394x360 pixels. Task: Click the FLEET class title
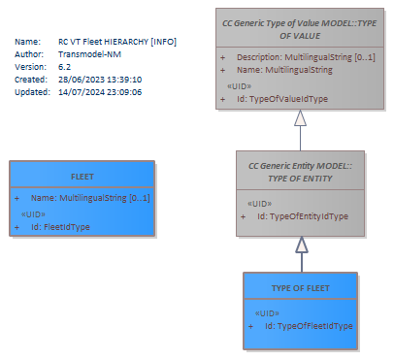[82, 177]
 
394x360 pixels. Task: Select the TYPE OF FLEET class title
[301, 288]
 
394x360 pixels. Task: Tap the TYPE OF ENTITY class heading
[300, 172]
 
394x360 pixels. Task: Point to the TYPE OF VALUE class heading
[300, 29]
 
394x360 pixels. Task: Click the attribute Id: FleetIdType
[60, 227]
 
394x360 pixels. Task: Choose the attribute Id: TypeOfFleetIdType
[309, 326]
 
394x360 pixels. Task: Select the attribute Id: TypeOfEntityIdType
[303, 216]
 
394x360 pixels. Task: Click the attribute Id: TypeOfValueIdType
[282, 99]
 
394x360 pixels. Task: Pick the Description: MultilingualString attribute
[306, 57]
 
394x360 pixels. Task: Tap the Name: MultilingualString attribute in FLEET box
[90, 198]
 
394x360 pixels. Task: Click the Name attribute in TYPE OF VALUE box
[284, 70]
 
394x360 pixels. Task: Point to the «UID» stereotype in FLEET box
[33, 214]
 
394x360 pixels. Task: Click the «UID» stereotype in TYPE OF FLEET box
[267, 313]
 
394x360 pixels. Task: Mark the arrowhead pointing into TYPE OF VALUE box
[301, 117]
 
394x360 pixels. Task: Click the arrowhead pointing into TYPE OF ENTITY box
[302, 245]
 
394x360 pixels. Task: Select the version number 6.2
[64, 67]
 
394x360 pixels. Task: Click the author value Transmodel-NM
[89, 54]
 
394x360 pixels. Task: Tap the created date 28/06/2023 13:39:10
[100, 80]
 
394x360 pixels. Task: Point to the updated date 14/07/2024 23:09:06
[100, 92]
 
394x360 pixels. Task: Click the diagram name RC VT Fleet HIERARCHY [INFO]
[117, 42]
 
